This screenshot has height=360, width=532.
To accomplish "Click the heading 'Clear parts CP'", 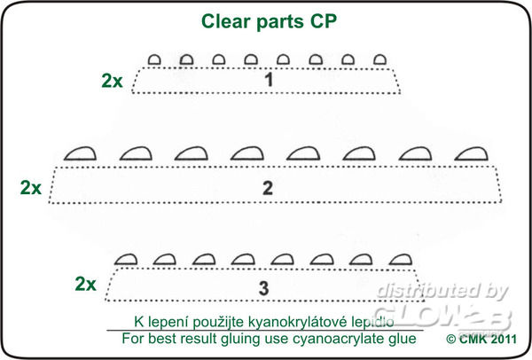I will point(265,20).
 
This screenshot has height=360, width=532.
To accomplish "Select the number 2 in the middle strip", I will point(267,187).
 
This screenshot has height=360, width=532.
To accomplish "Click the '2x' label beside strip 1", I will point(113,81).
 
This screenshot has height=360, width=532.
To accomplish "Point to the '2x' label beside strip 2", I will point(31,187).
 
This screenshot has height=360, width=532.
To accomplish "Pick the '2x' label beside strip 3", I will point(86,285).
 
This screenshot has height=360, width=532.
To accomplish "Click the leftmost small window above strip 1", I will point(153,59).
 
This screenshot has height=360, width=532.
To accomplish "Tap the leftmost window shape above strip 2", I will point(81,153).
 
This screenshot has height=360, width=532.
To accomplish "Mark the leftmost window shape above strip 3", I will point(126,259).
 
